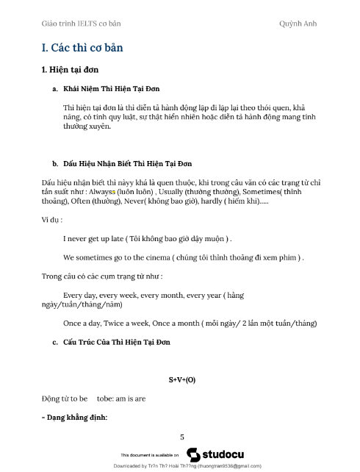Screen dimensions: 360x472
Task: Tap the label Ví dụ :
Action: coord(52,220)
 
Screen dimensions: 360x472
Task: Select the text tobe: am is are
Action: coord(121,399)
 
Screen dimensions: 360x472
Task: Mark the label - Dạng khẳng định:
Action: coord(75,418)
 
